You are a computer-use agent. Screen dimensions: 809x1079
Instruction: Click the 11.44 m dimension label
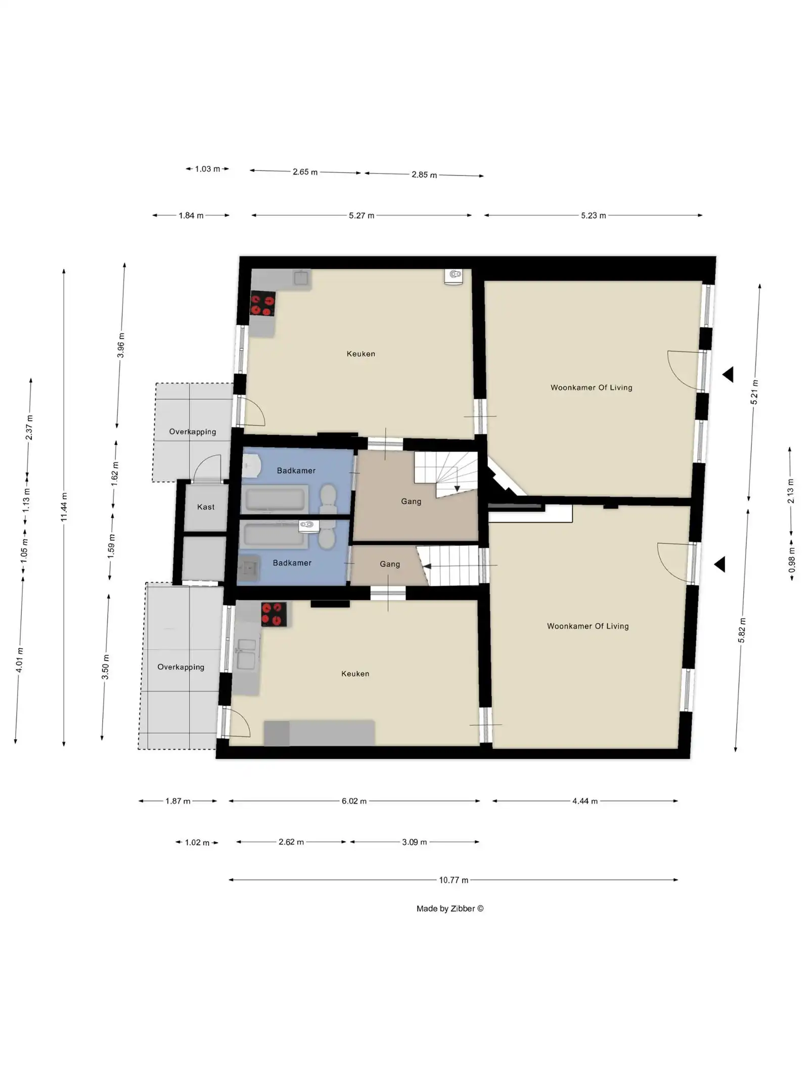coord(64,507)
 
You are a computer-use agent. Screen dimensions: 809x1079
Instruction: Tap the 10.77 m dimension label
coord(454,880)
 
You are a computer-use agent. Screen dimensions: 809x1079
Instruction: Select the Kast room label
coord(206,507)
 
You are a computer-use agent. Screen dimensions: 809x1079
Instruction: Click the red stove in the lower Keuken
coord(274,614)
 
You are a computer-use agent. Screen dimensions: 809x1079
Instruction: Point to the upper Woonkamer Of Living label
coord(591,387)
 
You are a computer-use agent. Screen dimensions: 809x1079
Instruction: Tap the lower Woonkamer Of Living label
coord(588,626)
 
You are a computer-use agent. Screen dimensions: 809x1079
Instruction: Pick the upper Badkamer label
coord(296,470)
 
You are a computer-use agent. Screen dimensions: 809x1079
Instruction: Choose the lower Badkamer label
coord(292,563)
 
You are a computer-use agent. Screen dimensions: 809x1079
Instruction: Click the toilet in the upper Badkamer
coord(329,499)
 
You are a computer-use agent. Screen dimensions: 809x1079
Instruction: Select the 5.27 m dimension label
coord(362,215)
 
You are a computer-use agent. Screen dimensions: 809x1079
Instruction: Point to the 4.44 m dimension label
coord(585,801)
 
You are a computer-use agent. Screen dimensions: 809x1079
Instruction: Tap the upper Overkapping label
coord(193,431)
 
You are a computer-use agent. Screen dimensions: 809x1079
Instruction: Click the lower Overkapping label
coord(181,667)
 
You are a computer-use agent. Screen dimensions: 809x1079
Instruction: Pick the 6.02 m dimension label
coord(354,801)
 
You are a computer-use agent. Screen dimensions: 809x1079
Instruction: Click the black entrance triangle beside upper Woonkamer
coord(729,375)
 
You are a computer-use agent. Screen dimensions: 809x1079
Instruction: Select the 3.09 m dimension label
coord(415,842)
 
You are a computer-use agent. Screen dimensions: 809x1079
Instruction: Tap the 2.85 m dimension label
coord(424,175)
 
